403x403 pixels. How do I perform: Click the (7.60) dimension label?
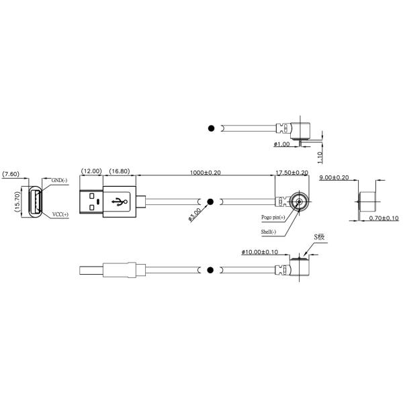point(11,174)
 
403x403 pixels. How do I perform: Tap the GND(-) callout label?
point(60,180)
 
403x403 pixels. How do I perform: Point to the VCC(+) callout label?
point(61,215)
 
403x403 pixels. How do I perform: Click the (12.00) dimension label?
point(91,171)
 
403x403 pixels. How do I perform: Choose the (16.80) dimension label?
point(120,171)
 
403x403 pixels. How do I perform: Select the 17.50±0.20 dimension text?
point(292,173)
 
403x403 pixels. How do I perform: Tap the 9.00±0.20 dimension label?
point(334,177)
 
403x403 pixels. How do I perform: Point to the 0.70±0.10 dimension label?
point(384,218)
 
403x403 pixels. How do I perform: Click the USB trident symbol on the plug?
point(121,201)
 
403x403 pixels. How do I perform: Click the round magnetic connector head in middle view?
point(297,201)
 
